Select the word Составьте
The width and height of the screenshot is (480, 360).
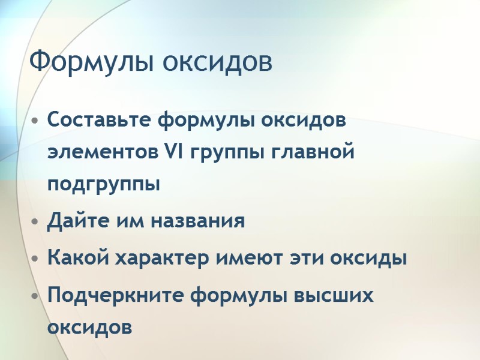100,120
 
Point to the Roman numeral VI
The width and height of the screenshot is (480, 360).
173,152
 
